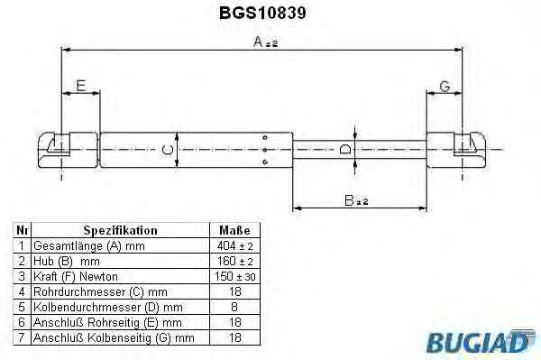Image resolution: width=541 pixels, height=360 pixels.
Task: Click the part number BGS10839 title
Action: coord(262,14)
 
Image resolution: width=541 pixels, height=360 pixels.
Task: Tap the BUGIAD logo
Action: coord(481,341)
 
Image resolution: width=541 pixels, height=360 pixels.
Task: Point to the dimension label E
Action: coord(81,86)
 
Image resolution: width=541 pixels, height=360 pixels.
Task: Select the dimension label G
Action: coord(445,87)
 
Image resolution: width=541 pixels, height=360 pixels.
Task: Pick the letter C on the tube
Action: coord(168,150)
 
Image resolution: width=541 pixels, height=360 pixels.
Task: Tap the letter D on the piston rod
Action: coord(345,149)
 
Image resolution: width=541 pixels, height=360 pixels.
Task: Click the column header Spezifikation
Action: coord(121,230)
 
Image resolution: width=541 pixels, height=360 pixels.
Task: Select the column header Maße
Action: coord(234,230)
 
